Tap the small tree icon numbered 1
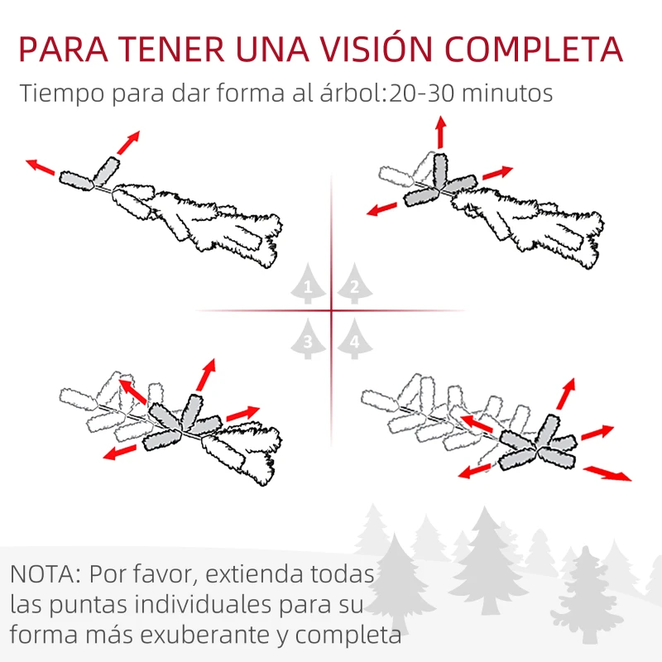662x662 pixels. (308, 286)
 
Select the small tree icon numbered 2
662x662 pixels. (354, 286)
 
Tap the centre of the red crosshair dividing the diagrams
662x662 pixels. (331, 311)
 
